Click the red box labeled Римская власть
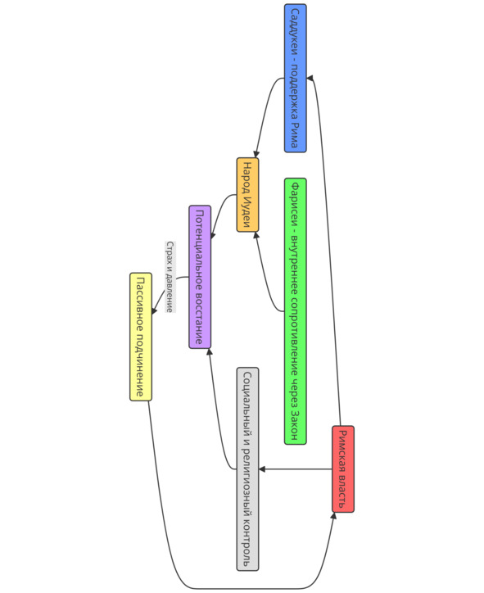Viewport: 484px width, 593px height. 343,469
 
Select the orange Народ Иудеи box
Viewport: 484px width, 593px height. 247,195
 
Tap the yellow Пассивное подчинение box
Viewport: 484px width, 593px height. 141,337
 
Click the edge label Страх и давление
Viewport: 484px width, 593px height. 170,277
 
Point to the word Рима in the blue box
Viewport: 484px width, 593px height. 295,134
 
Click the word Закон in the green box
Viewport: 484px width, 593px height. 295,424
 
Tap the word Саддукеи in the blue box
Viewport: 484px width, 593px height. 295,32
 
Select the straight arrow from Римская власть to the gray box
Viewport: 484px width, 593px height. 296,469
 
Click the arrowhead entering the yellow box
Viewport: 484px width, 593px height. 154,310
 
